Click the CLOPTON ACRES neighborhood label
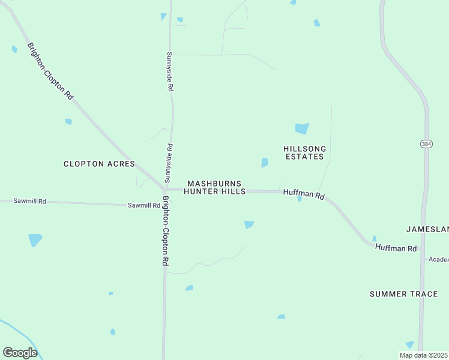tap(99, 164)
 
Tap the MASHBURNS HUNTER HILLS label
tap(214, 187)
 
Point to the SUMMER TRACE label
tap(403, 294)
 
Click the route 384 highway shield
tap(426, 144)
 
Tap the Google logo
tap(20, 352)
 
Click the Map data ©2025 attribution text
tap(423, 355)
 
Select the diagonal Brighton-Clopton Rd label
tap(50, 71)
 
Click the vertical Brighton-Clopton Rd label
tap(166, 231)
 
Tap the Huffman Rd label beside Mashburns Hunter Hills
tap(303, 195)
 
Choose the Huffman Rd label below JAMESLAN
tap(396, 248)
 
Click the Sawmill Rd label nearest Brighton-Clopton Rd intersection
tap(143, 205)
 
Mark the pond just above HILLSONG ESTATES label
tap(302, 128)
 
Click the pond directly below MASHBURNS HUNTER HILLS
tap(249, 224)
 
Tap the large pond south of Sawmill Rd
tap(35, 240)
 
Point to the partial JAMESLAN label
tap(427, 229)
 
